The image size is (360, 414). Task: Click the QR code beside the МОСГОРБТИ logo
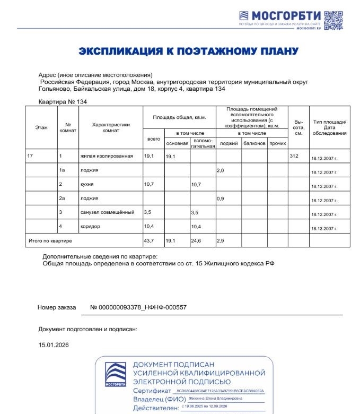pyautogui.click(x=334, y=20)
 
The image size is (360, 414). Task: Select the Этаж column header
pyautogui.click(x=41, y=127)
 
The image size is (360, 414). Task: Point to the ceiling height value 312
pyautogui.click(x=295, y=157)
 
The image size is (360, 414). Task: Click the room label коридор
pyautogui.click(x=91, y=226)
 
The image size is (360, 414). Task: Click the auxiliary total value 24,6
pyautogui.click(x=197, y=241)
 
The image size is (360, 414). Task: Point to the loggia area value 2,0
pyautogui.click(x=222, y=170)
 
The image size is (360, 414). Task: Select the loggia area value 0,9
pyautogui.click(x=222, y=199)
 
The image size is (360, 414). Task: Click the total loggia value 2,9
pyautogui.click(x=222, y=241)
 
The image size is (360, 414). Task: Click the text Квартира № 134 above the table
pyautogui.click(x=63, y=101)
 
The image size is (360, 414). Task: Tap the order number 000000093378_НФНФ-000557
pyautogui.click(x=138, y=307)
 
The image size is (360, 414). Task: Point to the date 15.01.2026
pyautogui.click(x=54, y=345)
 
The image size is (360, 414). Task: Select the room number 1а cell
pyautogui.click(x=63, y=170)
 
